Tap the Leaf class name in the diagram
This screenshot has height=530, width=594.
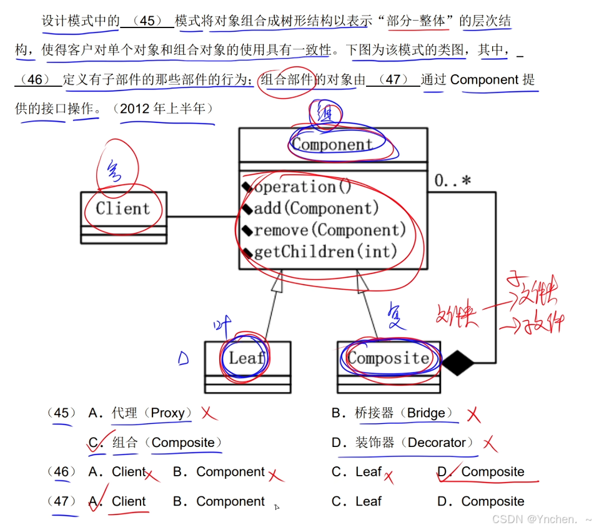click(246, 358)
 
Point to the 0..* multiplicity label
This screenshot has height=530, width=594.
click(453, 182)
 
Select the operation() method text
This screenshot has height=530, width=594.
click(303, 187)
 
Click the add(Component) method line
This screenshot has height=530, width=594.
click(316, 209)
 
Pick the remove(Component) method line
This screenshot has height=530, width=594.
click(329, 230)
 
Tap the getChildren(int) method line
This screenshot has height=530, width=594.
click(325, 252)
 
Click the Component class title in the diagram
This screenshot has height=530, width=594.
click(332, 145)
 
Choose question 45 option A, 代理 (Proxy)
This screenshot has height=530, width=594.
click(148, 413)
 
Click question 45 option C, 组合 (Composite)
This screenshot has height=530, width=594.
click(166, 443)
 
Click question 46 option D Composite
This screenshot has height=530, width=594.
click(492, 473)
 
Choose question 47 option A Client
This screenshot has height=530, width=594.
click(128, 502)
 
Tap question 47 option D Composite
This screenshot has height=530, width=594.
click(492, 502)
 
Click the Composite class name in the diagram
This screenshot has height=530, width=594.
click(388, 358)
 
